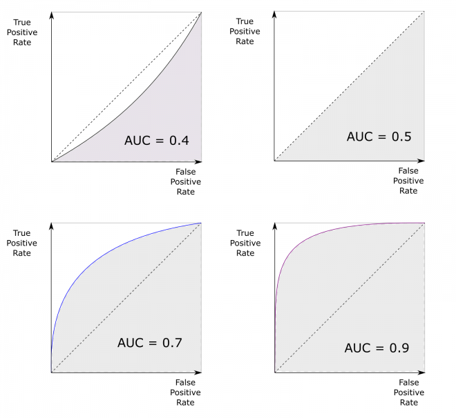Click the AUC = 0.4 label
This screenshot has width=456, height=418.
click(x=157, y=141)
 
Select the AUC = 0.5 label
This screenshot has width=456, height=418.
click(x=379, y=137)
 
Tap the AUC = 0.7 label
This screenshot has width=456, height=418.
click(x=150, y=342)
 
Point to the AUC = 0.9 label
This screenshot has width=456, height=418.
click(x=377, y=348)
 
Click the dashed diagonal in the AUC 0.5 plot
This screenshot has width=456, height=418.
click(x=349, y=86)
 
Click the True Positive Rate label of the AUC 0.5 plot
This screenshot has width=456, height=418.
click(x=245, y=31)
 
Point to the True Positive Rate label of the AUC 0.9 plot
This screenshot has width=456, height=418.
click(x=245, y=243)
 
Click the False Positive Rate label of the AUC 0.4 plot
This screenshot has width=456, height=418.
click(x=186, y=182)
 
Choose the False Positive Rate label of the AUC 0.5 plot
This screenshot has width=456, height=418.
click(x=408, y=181)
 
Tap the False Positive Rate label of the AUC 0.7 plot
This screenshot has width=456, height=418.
click(x=186, y=392)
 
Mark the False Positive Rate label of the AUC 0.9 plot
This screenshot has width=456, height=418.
click(x=408, y=392)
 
